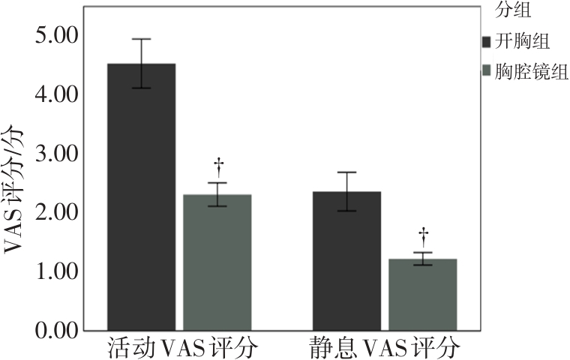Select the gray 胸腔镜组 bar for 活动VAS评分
coord(217,262)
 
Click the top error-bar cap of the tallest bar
coord(142,39)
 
